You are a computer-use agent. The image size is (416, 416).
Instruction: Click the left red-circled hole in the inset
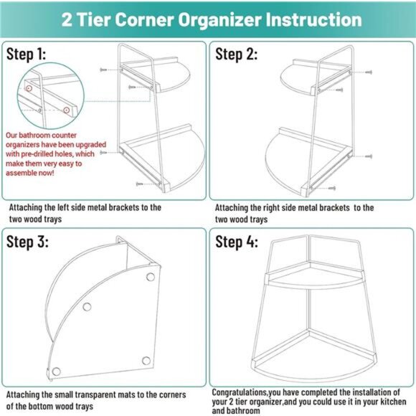29,87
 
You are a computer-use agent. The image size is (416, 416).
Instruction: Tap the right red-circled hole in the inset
66,110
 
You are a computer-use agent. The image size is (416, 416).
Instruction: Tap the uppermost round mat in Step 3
150,277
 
